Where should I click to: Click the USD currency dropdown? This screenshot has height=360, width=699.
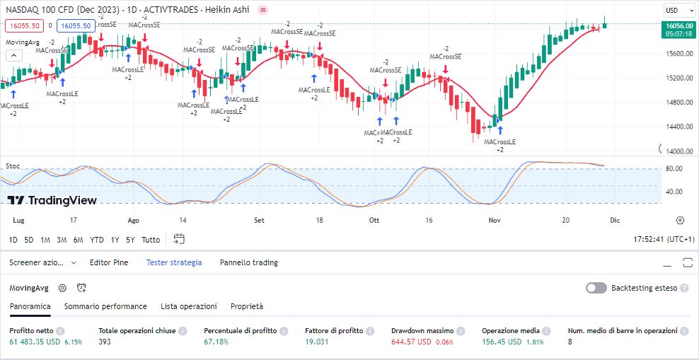676,11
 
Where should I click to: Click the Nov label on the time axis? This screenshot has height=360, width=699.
495,221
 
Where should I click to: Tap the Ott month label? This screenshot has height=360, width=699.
374,221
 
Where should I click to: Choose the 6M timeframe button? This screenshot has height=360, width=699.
78,240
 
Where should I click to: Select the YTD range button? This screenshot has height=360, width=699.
97,240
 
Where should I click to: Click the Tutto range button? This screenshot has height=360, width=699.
151,240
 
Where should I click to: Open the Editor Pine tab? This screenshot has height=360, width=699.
109,262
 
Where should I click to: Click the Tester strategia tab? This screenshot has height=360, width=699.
174,262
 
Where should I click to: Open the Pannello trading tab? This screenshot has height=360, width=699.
248,262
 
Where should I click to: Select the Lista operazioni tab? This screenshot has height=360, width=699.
189,306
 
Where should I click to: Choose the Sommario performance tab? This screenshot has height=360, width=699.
105,306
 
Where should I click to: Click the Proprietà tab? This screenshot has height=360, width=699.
247,306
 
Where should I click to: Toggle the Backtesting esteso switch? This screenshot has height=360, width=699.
596,288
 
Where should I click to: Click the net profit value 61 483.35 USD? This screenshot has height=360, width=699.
35,342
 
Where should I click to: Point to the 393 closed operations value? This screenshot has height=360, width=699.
105,342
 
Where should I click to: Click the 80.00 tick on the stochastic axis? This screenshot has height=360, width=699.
674,168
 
